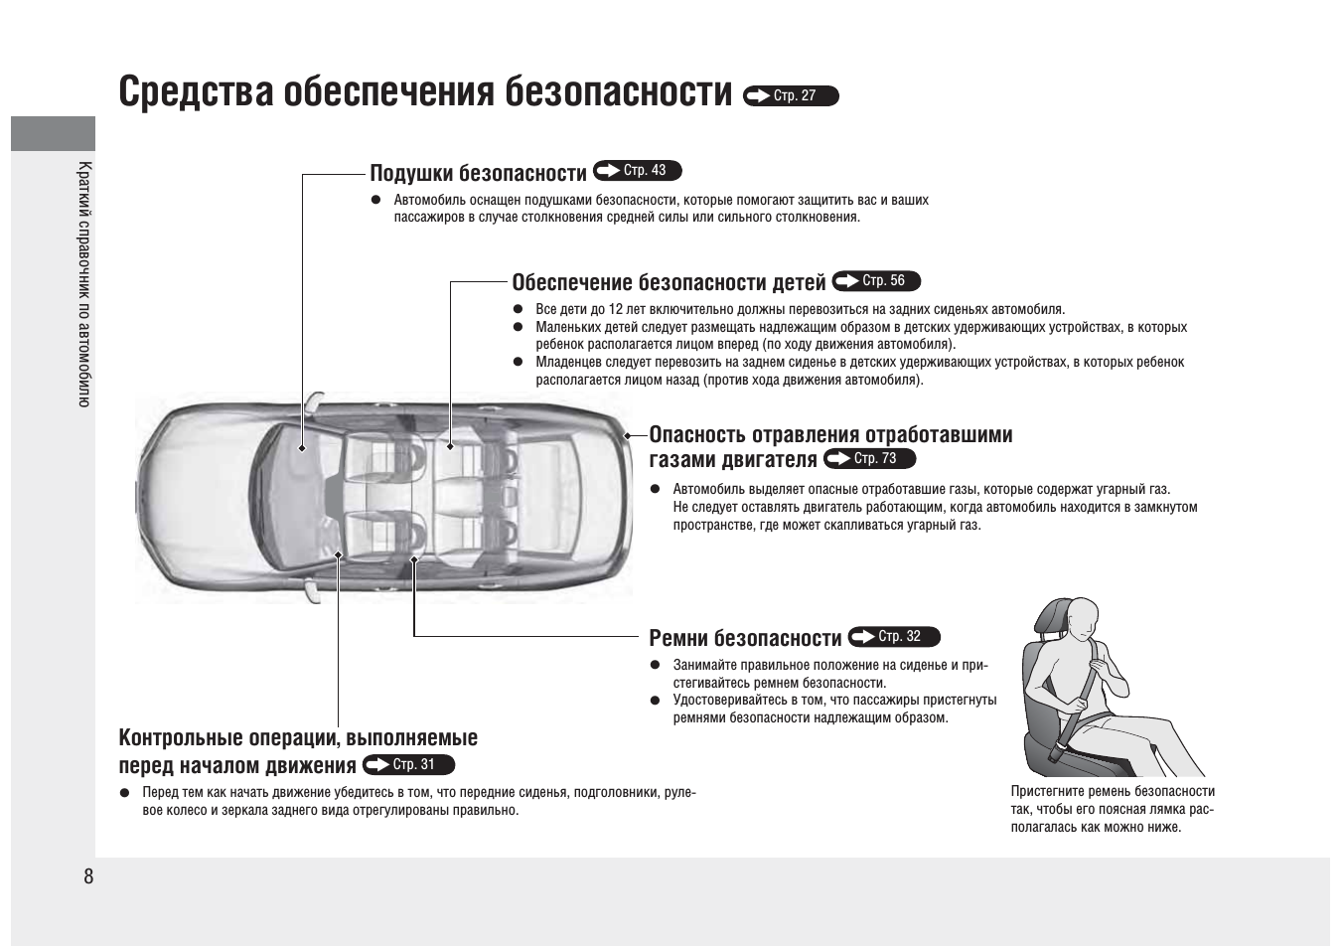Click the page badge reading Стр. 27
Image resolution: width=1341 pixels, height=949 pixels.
point(791,95)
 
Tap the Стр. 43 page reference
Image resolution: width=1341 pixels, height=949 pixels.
point(638,171)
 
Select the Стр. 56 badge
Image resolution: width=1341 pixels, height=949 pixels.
point(876,281)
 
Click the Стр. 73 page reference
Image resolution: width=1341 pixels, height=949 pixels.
point(870,459)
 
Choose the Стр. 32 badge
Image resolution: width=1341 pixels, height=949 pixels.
point(894,636)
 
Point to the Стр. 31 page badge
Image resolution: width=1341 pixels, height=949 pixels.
point(409,764)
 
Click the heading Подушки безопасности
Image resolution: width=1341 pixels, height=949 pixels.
point(479,173)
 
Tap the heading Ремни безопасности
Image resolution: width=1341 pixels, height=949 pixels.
point(745,638)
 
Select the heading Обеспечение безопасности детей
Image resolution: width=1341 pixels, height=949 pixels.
point(669,282)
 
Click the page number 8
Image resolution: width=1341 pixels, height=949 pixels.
point(88,876)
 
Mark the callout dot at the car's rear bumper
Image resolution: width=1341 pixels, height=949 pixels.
point(627,436)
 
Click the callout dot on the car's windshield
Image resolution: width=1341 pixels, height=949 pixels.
point(302,448)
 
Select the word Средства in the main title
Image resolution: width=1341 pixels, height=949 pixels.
point(196,91)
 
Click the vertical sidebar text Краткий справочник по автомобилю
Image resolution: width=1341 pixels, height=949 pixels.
point(84,284)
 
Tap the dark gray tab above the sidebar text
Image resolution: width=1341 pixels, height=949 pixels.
point(53,133)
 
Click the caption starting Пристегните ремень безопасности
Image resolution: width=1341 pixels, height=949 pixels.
point(1113,810)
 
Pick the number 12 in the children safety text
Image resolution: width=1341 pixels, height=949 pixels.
point(616,310)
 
